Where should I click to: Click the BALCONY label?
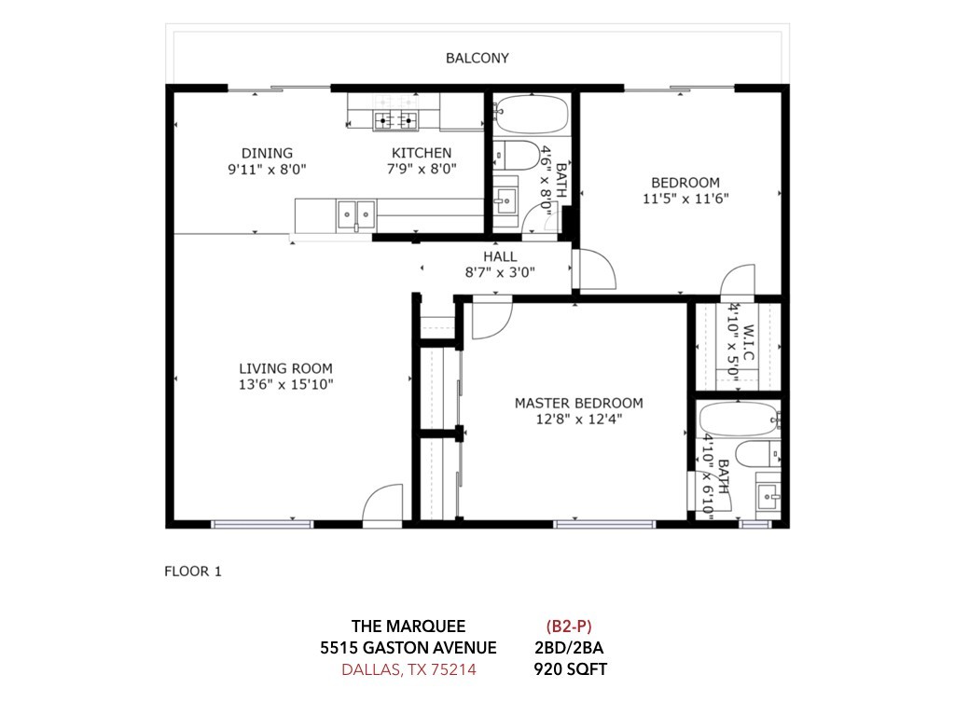point(477,58)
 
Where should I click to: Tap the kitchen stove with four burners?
point(395,121)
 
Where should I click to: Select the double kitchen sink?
point(355,214)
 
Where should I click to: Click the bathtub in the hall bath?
point(531,114)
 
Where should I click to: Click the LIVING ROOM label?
point(285,368)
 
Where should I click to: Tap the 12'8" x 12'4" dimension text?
point(579,419)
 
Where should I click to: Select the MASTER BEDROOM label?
point(578,403)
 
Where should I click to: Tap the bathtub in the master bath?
point(739,419)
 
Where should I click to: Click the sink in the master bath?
point(768,496)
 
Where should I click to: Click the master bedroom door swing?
point(492,321)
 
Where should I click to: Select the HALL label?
point(500,256)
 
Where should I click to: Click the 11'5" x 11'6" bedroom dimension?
point(685,199)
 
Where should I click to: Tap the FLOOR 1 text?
point(193,571)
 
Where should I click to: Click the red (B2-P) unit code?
point(569,626)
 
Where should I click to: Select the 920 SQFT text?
point(570,669)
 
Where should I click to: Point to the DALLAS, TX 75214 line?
point(408,669)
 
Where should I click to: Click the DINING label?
point(267,153)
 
